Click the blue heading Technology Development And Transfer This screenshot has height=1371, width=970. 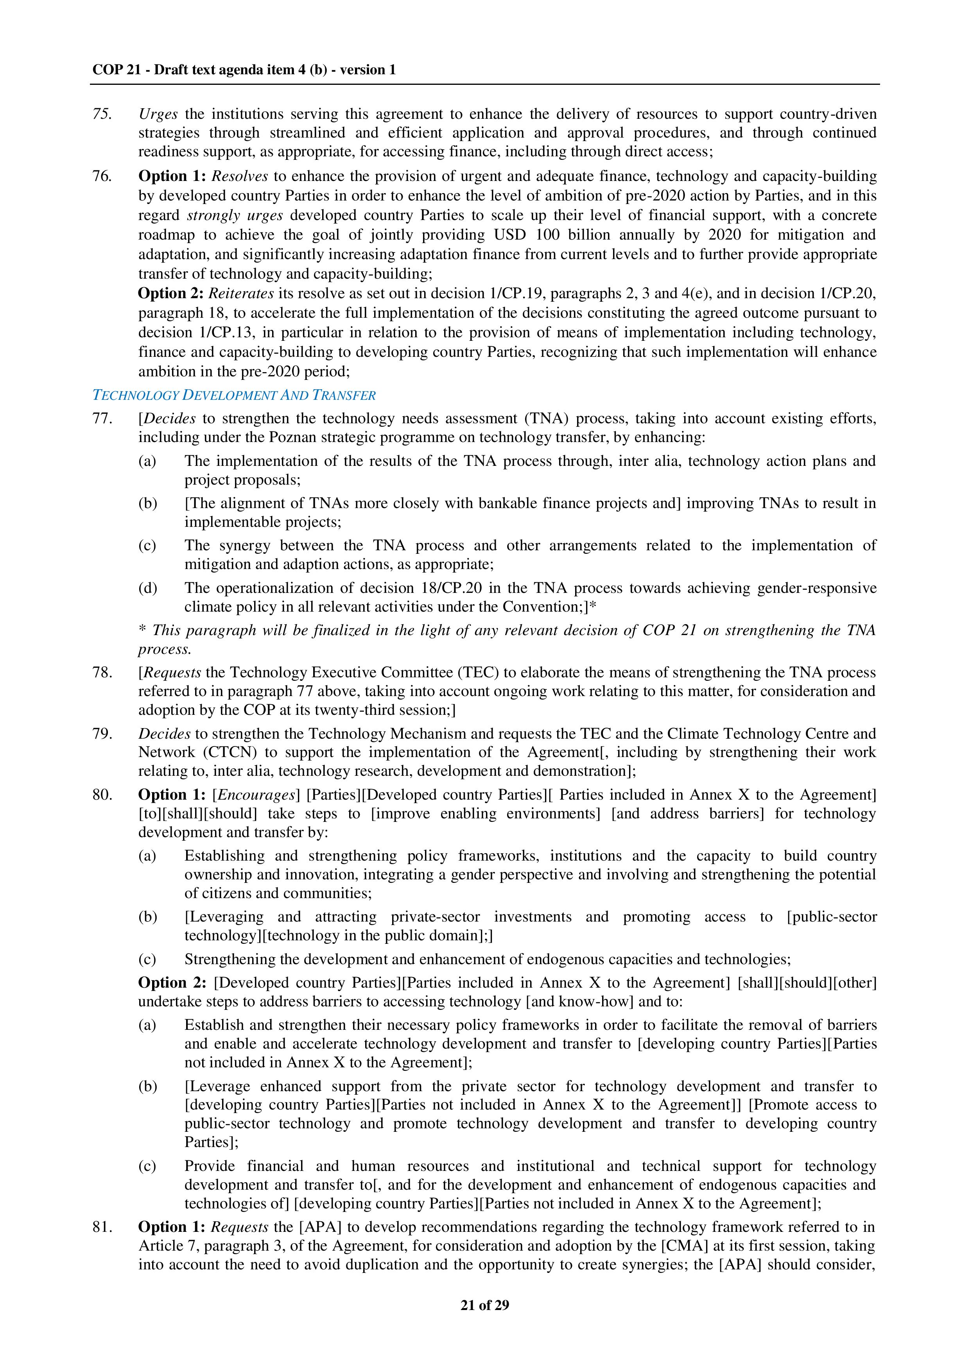click(x=234, y=395)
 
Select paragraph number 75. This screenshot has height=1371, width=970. click(x=102, y=114)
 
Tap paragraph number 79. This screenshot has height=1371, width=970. click(x=102, y=734)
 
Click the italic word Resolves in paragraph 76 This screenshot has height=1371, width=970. click(x=240, y=176)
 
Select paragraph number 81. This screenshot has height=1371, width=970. click(x=102, y=1227)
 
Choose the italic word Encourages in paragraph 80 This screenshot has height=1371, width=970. click(x=256, y=795)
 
